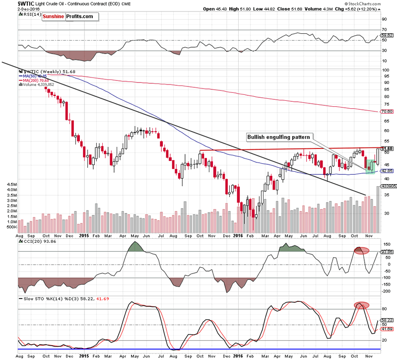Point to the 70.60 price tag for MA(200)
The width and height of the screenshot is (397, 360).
387,112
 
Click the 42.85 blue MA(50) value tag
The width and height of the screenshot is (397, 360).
387,170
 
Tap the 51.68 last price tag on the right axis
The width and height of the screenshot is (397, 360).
387,148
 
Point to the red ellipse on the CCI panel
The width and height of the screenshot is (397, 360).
361,250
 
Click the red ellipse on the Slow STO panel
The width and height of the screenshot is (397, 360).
361,305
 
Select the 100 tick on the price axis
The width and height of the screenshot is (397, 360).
384,70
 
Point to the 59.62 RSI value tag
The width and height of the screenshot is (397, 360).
387,35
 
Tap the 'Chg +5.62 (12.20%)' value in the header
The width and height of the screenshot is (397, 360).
365,9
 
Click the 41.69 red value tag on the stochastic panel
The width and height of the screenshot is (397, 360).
387,329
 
